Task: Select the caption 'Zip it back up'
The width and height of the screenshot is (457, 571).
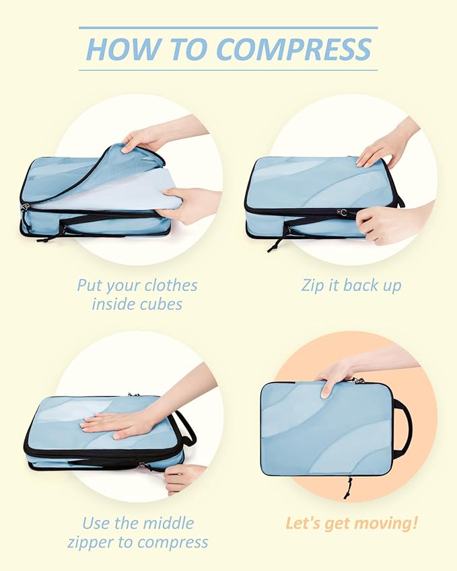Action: click(x=351, y=285)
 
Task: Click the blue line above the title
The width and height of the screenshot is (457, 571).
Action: click(x=228, y=28)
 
